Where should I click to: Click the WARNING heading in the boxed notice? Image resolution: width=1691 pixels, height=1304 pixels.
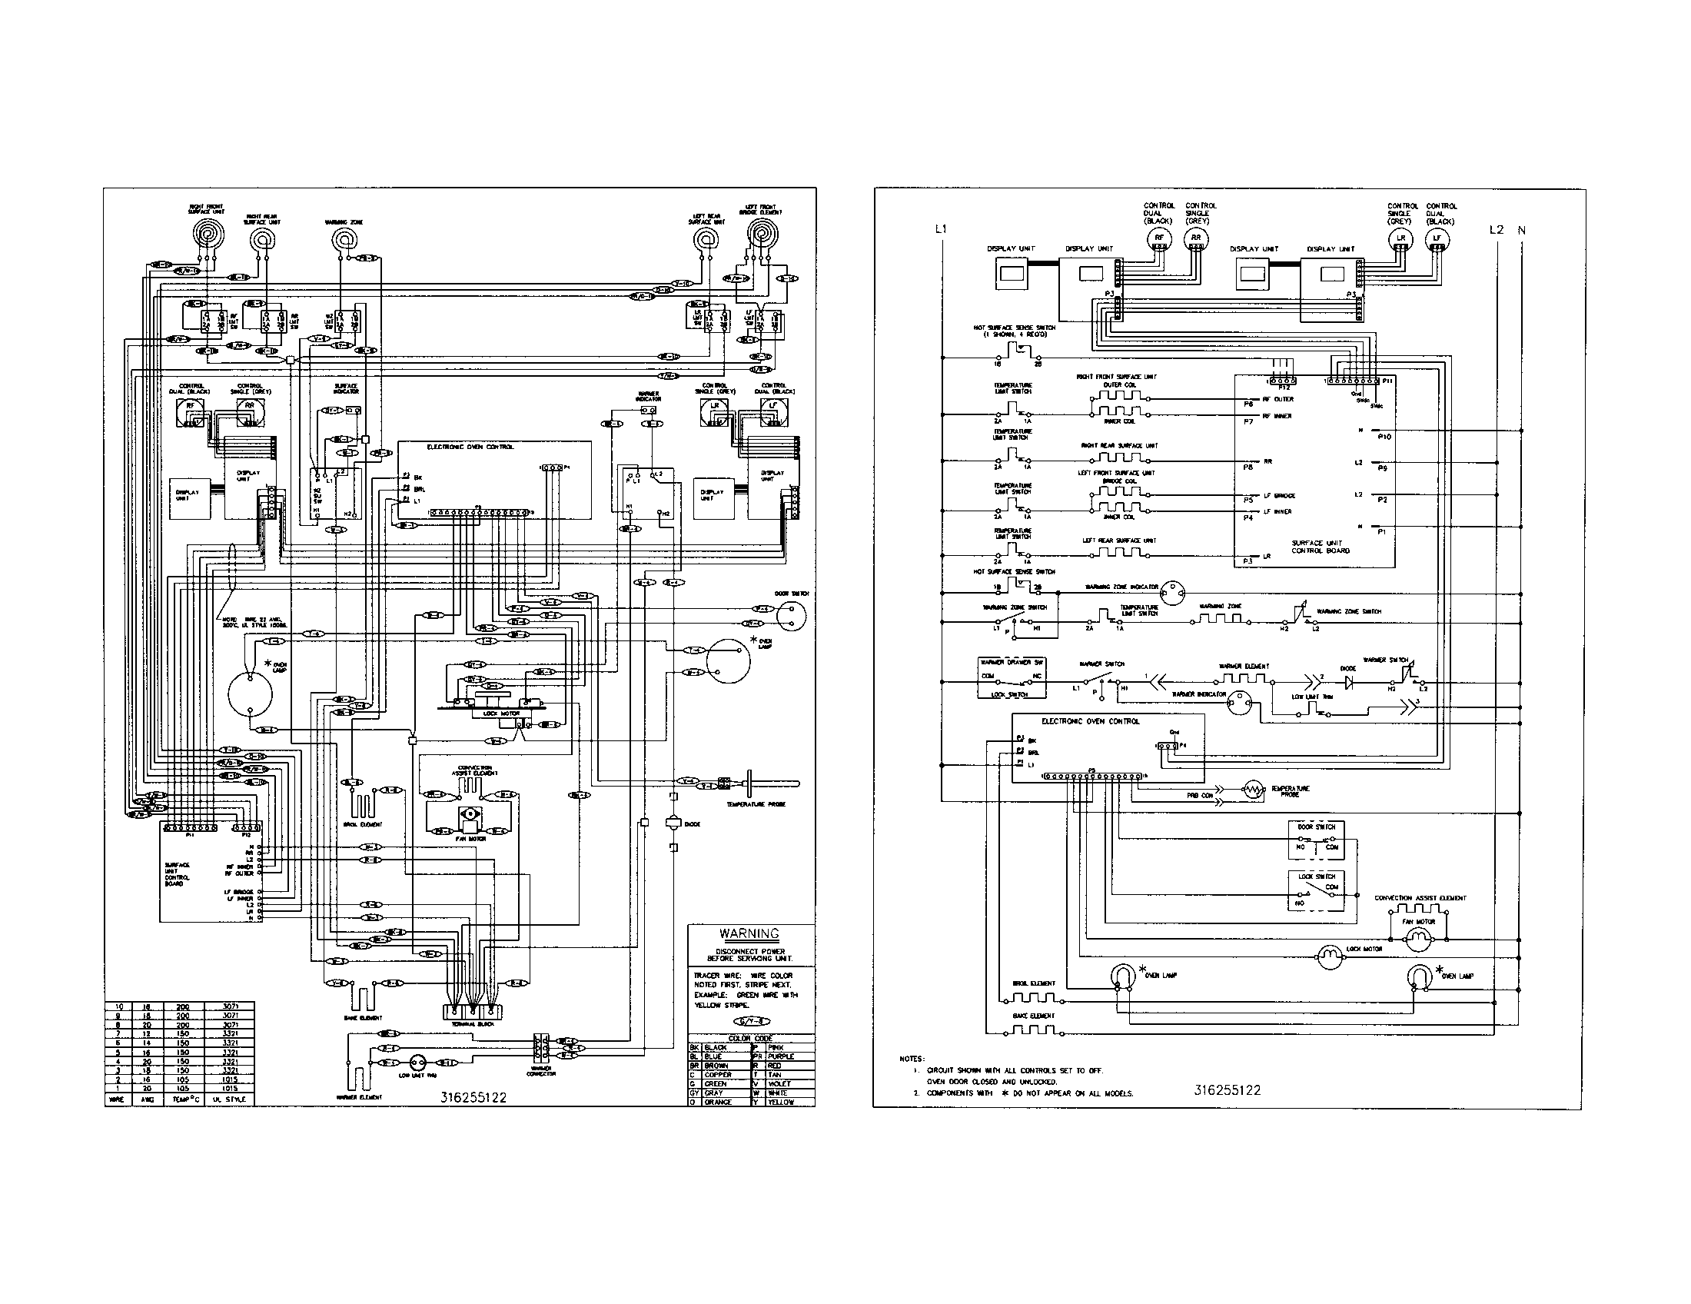(749, 934)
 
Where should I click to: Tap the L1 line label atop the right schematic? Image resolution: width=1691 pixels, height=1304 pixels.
(941, 229)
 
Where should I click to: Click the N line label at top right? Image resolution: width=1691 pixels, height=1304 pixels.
(1521, 230)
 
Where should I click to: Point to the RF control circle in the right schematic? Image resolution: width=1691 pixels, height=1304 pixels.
(1159, 238)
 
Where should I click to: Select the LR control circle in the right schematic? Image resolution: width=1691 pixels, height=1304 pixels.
(1400, 238)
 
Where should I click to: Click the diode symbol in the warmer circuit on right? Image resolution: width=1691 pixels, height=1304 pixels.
(1350, 682)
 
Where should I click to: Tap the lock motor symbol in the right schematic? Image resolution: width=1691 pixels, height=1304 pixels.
(1329, 958)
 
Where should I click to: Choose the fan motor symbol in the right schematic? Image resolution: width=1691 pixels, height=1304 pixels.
(1419, 940)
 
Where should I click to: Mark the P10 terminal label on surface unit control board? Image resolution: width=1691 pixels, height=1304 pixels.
(1385, 437)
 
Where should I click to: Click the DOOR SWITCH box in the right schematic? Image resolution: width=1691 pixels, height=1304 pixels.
(1316, 841)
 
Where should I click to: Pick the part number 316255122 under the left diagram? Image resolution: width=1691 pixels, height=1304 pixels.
(473, 1097)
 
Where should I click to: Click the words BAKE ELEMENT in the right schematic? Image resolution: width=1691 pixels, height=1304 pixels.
(1034, 1015)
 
